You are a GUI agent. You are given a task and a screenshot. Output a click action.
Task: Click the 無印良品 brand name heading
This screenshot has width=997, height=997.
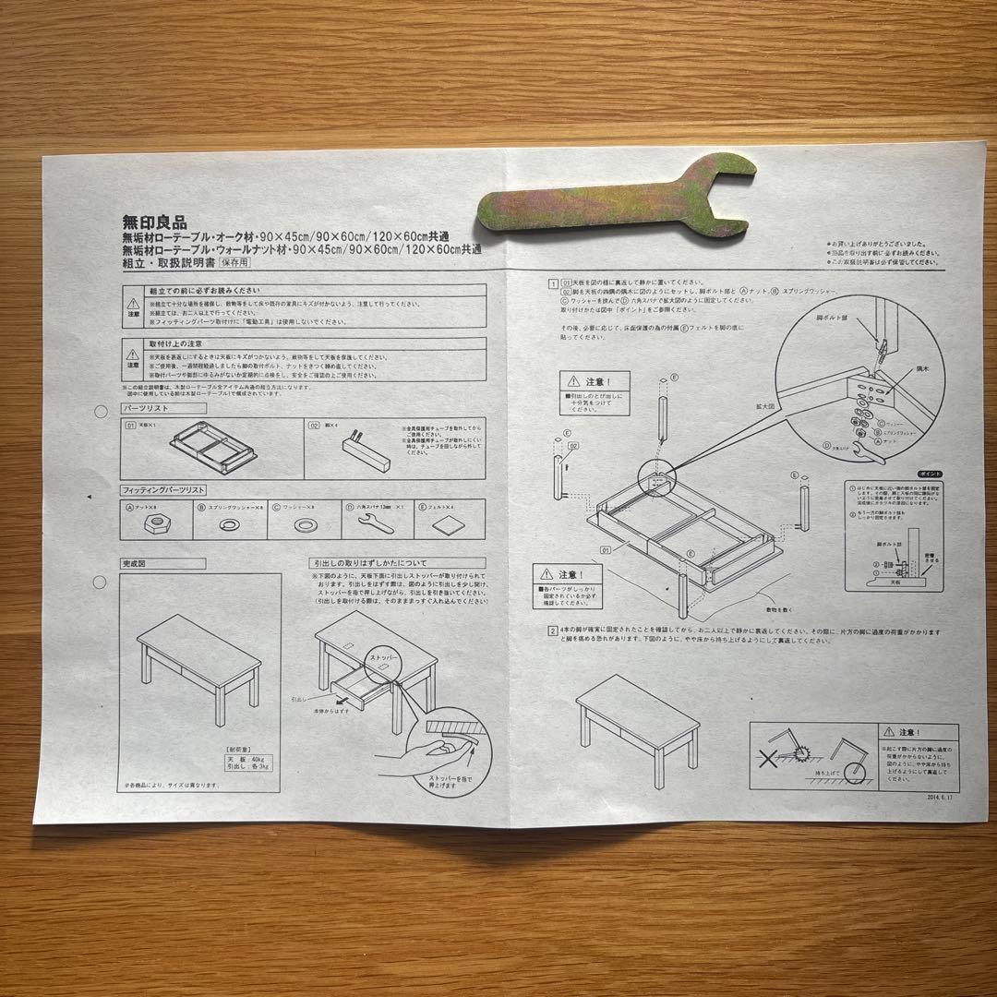pos(155,222)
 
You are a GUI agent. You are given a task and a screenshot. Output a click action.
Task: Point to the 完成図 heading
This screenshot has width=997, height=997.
pos(139,562)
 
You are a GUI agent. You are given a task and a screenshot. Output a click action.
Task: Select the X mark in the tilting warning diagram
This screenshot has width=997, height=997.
pos(765,757)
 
